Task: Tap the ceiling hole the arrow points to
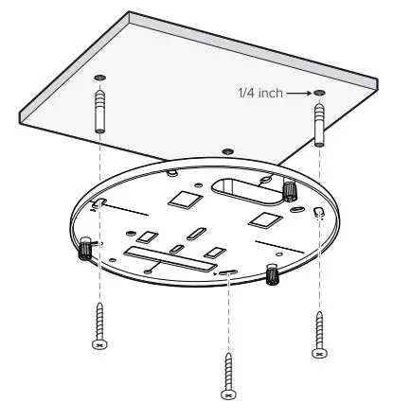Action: [320, 93]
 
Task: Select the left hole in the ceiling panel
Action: [100, 77]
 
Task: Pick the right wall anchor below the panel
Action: [320, 123]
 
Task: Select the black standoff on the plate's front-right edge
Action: [273, 274]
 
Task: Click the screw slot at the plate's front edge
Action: [229, 272]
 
